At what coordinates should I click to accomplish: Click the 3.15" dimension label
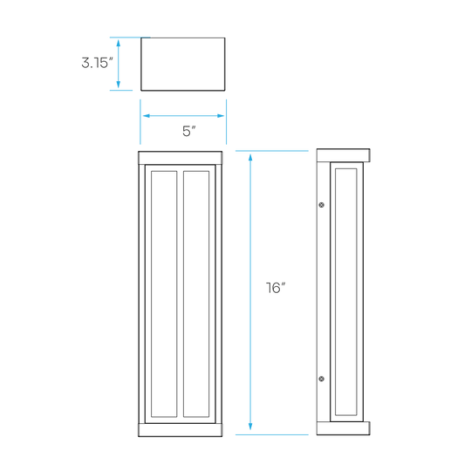point(97,63)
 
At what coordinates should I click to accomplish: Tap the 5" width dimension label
point(189,131)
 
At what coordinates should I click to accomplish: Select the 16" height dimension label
point(276,288)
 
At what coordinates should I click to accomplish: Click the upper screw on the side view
point(321,205)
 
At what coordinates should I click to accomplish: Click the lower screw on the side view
point(321,379)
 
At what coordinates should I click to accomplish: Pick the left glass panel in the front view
point(164,294)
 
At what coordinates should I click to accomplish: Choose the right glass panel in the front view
point(196,294)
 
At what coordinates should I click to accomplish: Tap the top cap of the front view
point(181,158)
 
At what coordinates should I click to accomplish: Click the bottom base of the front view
point(181,430)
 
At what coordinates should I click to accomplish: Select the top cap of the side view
point(343,155)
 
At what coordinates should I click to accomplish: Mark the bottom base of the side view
point(343,428)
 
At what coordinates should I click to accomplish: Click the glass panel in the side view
point(346,292)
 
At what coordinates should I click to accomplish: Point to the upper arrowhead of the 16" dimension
point(250,157)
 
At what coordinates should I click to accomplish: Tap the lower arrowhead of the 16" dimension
point(250,427)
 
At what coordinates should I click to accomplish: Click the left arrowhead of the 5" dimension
point(147,116)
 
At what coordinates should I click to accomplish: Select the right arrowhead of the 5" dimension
point(221,116)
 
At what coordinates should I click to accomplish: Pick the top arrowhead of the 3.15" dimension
point(119,43)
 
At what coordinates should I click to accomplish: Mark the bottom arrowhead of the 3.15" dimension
point(119,85)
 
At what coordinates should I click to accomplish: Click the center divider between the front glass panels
point(181,294)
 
